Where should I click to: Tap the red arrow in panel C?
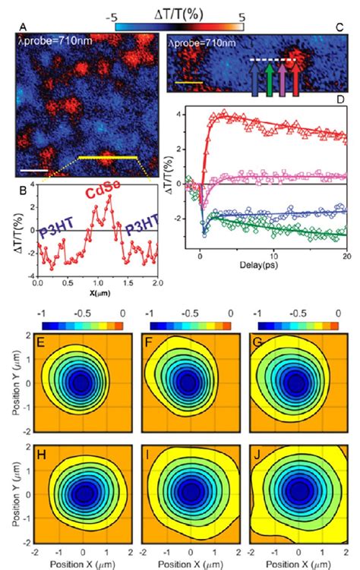[296, 81]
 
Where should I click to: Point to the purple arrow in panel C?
[283, 81]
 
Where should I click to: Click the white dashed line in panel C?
[274, 59]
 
